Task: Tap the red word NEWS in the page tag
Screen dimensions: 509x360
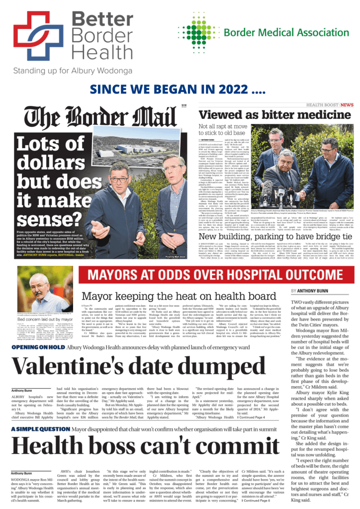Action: (347, 105)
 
